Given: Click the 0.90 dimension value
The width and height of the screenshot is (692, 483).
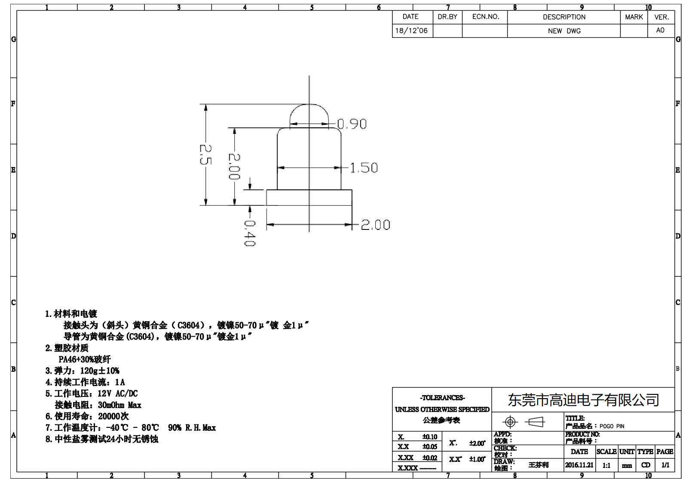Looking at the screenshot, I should click(352, 124).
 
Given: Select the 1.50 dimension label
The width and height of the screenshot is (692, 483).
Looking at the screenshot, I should click(364, 168).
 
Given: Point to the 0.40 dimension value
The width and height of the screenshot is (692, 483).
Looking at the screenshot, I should click(249, 233).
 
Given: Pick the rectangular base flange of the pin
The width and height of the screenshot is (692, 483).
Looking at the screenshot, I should click(309, 198).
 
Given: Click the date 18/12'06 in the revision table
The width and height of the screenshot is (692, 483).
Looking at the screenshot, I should click(411, 31).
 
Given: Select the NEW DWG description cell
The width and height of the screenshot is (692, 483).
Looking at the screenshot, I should click(564, 31).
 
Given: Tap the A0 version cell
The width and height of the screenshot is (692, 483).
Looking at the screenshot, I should click(660, 31).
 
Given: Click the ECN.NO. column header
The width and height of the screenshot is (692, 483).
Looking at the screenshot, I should click(485, 17).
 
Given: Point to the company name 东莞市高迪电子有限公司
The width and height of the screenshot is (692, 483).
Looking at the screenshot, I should click(583, 400).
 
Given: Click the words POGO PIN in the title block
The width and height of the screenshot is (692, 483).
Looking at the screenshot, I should click(612, 426).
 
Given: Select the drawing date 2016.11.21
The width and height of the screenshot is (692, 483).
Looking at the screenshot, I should click(579, 465).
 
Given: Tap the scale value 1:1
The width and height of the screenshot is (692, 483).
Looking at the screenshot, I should click(606, 465).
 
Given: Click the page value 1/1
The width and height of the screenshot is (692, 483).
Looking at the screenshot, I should click(665, 465).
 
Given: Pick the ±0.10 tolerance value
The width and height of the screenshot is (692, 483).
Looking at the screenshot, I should click(429, 437).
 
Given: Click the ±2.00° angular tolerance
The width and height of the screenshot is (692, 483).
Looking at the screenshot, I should click(477, 443).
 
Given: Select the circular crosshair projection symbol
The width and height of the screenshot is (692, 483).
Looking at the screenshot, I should click(510, 422).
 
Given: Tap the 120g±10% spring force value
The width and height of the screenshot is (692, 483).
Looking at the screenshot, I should click(100, 371).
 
